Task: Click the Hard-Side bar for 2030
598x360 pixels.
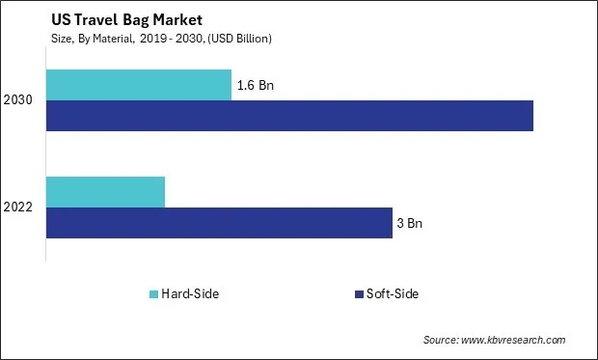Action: (x=139, y=85)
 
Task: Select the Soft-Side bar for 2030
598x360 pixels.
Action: (x=289, y=116)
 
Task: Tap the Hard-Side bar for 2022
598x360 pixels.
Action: (x=105, y=192)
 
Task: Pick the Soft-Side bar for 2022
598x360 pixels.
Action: (x=219, y=223)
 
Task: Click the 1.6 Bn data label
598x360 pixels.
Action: (x=255, y=85)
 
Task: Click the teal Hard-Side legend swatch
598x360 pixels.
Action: (x=153, y=293)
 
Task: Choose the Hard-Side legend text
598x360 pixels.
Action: (x=191, y=293)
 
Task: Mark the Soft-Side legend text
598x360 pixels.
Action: (x=393, y=293)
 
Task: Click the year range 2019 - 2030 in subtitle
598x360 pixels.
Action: (x=166, y=38)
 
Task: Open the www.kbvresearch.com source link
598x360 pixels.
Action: (x=516, y=340)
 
